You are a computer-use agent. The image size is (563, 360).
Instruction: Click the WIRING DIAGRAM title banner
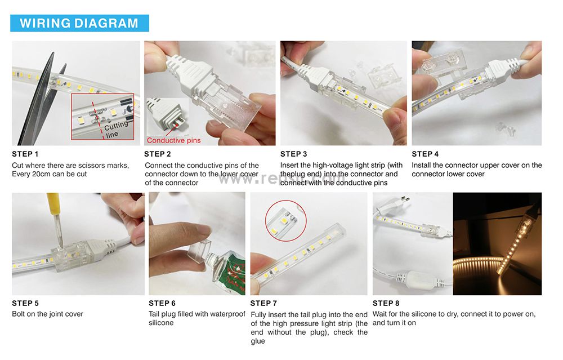tap(79, 23)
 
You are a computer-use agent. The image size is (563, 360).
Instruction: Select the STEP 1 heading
tap(25, 154)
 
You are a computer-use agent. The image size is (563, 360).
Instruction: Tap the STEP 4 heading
tap(425, 154)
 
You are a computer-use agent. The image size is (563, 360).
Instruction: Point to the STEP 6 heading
tap(162, 303)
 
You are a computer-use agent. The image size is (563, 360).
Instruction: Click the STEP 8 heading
tap(386, 303)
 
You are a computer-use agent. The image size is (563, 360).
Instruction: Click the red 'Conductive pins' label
tap(174, 140)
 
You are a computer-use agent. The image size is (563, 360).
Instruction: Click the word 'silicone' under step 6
tap(161, 323)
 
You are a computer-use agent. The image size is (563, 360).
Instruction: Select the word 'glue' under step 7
tap(258, 341)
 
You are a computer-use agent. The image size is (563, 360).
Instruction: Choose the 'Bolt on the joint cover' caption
tap(47, 314)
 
